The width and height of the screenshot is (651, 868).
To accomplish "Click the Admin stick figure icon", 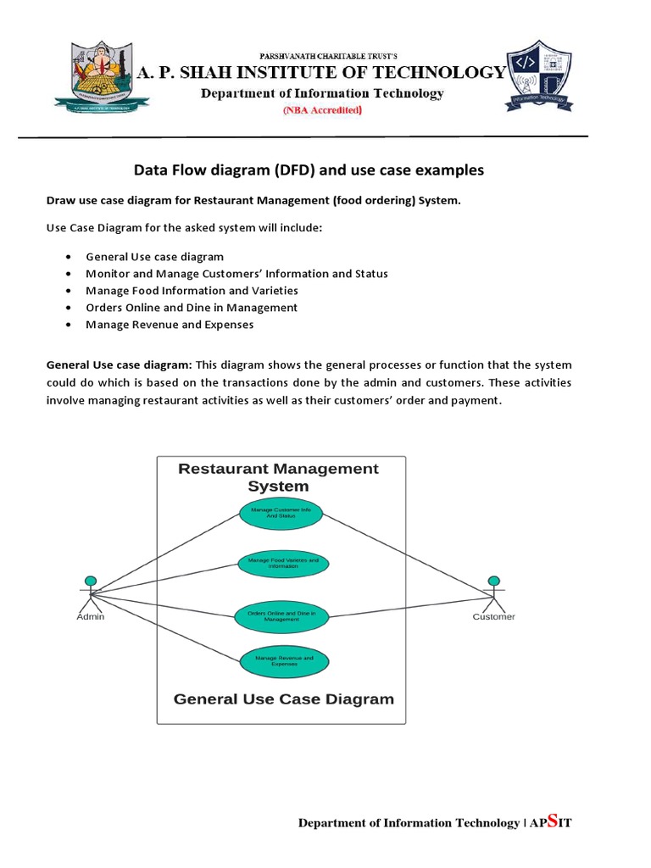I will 90,591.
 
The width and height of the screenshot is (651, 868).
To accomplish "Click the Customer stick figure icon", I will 493,591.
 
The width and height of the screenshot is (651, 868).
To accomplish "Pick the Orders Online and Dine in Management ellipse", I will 281,616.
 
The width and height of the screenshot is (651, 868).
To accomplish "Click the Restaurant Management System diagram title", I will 278,477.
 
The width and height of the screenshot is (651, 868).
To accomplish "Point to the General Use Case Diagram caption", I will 284,699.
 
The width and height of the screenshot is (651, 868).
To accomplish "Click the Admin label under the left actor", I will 91,617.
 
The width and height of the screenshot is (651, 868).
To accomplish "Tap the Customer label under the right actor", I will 493,617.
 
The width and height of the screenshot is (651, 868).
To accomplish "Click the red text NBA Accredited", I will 322,110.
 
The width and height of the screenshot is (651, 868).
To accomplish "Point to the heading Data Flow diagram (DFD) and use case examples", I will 309,170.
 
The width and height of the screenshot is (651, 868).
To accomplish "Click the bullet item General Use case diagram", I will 154,257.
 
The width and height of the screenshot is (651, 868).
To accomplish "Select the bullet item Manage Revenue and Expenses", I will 170,325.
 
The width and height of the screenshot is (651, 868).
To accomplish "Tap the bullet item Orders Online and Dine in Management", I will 192,308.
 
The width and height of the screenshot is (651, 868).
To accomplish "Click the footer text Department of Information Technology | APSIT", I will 436,822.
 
